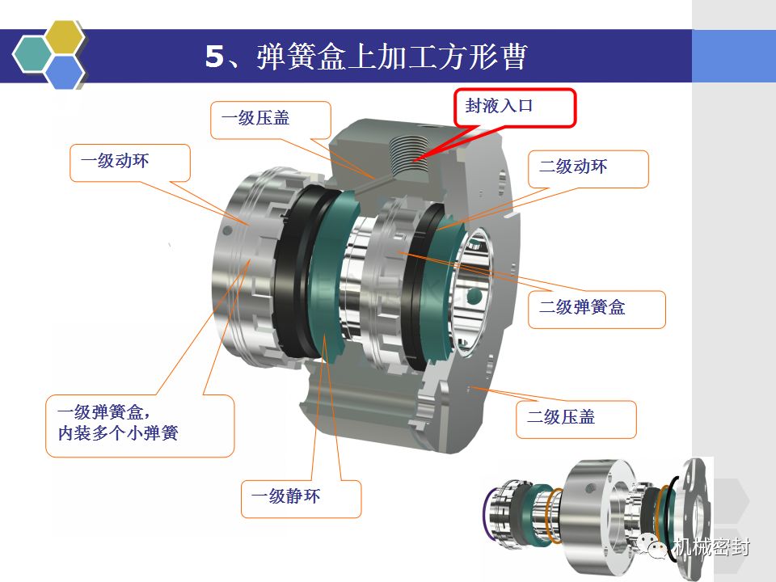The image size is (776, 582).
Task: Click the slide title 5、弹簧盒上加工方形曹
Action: pyautogui.click(x=365, y=56)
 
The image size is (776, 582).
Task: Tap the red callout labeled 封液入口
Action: pyautogui.click(x=515, y=108)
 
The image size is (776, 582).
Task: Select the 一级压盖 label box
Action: pyautogui.click(x=271, y=120)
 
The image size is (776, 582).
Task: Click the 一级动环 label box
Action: pyautogui.click(x=130, y=162)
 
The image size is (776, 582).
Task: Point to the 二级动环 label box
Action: pyautogui.click(x=588, y=169)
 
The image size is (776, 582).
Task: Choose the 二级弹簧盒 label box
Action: pyautogui.click(x=597, y=310)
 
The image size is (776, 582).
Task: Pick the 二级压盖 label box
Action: pyautogui.click(x=576, y=420)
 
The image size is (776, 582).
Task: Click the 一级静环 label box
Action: pyautogui.click(x=301, y=499)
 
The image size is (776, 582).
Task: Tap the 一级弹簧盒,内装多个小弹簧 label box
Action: pyautogui.click(x=140, y=426)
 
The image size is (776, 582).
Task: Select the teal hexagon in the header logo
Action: pyautogui.click(x=32, y=55)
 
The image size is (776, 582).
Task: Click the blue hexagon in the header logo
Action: pyautogui.click(x=65, y=72)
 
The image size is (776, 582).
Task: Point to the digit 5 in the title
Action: pyautogui.click(x=215, y=57)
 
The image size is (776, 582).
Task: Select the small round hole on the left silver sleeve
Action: pyautogui.click(x=228, y=230)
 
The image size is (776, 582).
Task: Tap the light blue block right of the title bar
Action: pyautogui.click(x=734, y=56)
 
